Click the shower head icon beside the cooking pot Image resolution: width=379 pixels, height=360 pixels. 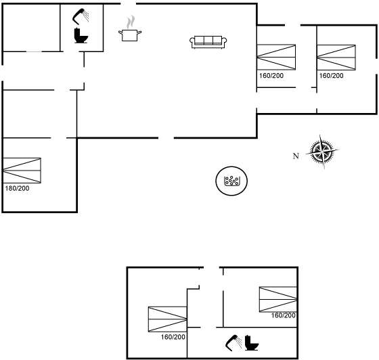click(x=81, y=16)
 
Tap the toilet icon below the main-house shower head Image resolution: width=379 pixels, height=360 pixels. click(x=81, y=36)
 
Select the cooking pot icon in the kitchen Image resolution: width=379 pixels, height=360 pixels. click(x=130, y=35)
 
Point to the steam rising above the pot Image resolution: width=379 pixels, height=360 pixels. click(x=131, y=22)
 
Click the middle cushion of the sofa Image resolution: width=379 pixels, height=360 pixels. click(x=208, y=40)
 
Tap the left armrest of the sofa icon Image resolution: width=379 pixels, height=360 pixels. click(x=192, y=41)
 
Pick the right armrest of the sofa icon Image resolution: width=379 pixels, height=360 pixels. click(x=224, y=41)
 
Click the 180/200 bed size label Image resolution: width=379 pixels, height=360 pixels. click(x=17, y=188)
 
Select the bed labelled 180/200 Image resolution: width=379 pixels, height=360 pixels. click(x=22, y=171)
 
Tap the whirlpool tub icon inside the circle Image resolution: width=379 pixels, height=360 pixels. click(x=231, y=181)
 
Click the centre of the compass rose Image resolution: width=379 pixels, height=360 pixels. click(x=322, y=152)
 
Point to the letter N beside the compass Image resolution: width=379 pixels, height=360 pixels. click(x=296, y=156)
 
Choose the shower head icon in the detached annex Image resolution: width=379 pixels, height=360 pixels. click(x=233, y=342)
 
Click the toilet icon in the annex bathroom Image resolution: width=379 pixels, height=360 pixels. click(x=252, y=343)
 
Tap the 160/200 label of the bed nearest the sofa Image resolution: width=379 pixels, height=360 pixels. click(x=271, y=76)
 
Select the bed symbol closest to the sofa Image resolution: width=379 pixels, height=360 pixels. click(x=276, y=57)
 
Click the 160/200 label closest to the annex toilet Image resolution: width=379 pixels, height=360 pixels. click(x=284, y=315)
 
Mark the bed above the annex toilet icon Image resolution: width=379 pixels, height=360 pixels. click(x=278, y=299)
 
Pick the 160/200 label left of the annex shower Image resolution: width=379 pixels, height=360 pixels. click(x=173, y=337)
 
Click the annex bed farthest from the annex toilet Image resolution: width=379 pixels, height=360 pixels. click(x=168, y=319)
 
